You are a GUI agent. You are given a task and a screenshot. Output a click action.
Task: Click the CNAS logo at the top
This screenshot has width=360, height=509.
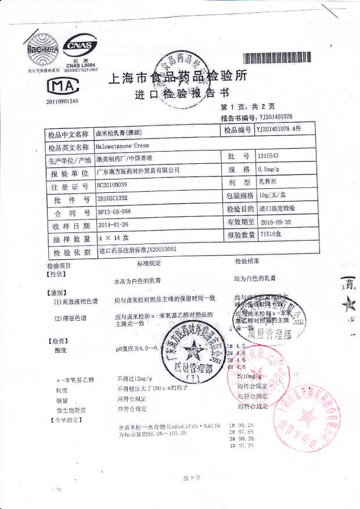(81, 45)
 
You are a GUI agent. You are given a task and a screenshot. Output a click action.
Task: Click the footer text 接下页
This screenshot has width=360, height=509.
(191, 478)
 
